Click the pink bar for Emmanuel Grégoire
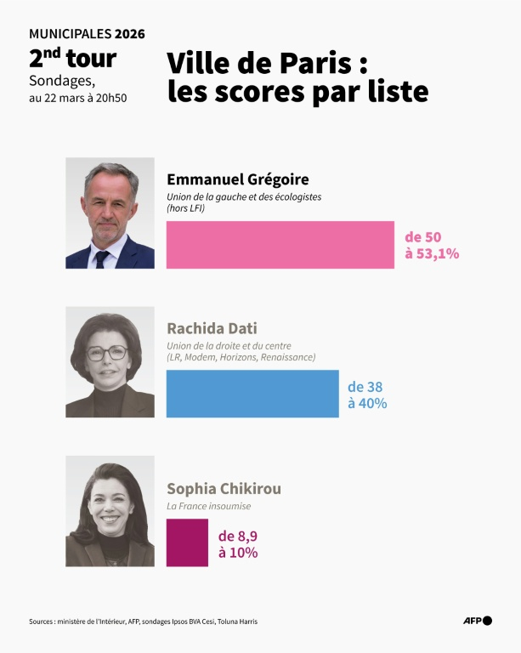280,245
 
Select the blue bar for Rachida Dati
252,394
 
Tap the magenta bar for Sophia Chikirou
187,542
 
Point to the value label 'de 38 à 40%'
367,395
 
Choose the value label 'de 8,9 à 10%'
238,544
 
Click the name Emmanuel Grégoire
237,179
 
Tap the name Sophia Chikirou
224,489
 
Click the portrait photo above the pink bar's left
110,213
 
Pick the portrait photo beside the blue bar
110,362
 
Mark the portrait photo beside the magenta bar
110,511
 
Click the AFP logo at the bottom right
477,621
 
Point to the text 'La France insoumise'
208,506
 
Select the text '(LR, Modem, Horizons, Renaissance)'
241,357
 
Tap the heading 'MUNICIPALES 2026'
87,34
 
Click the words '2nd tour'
72,59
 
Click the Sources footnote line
143,622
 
